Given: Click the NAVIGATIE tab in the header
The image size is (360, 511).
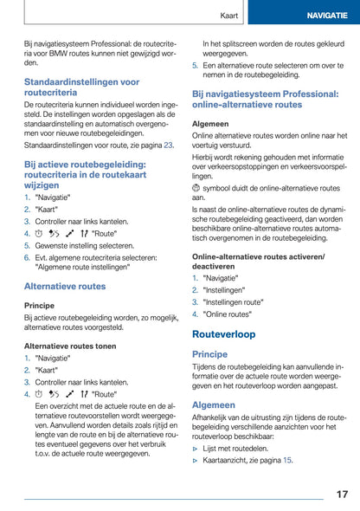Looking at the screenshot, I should tap(325, 16).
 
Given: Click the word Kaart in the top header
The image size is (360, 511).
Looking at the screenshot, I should tap(229, 16).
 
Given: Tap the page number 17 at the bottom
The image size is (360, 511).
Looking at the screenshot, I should tap(342, 494).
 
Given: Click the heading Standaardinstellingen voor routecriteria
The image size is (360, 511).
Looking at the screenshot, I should tap(81, 87).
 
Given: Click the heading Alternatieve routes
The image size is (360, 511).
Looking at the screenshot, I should tap(65, 286).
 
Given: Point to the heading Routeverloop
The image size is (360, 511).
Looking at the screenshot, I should tap(224, 333).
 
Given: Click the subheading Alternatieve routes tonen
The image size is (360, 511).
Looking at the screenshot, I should tap(70, 345).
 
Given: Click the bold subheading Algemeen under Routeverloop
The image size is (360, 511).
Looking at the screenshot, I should tap(213, 404).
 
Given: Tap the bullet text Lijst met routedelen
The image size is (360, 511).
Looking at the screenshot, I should tap(237, 448).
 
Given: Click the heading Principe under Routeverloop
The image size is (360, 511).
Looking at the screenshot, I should tap(210, 354).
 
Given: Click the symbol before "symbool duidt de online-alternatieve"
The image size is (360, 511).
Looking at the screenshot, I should tap(196, 188).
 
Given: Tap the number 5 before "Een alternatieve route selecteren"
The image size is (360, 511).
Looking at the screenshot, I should tap(195, 65).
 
